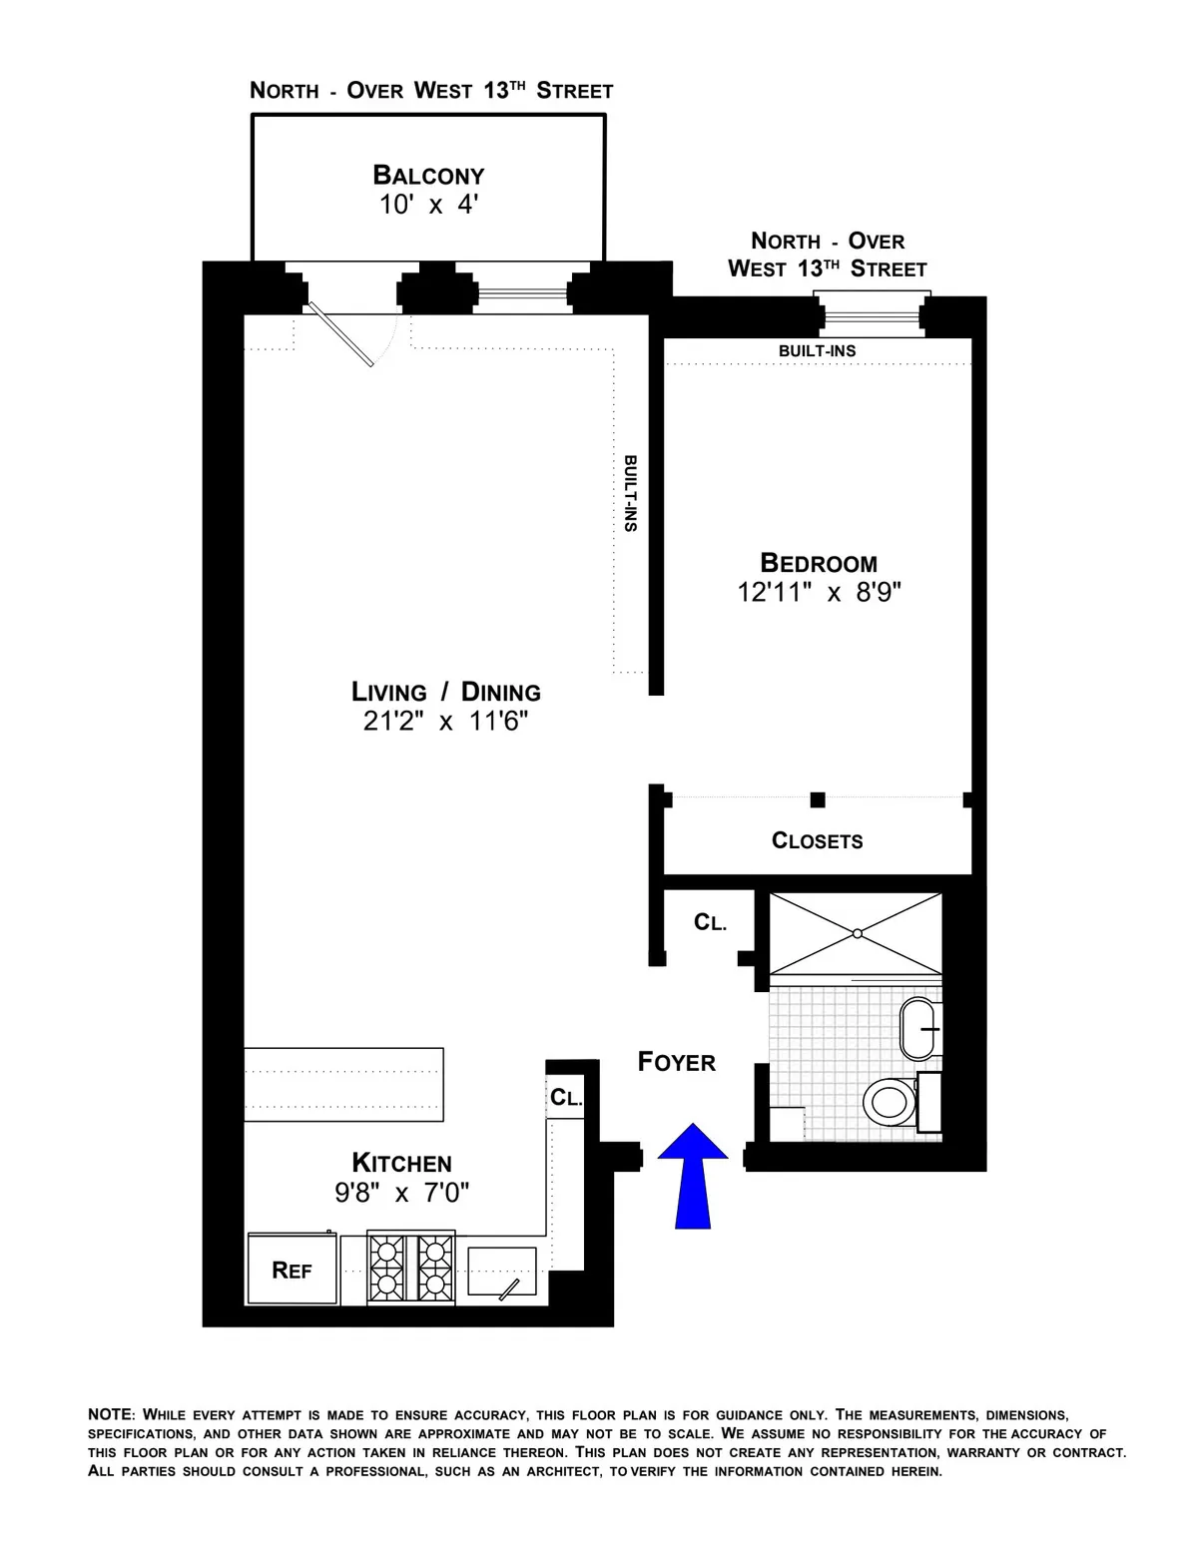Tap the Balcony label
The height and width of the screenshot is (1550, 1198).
tap(428, 176)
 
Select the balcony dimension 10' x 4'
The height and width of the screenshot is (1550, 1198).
tap(428, 206)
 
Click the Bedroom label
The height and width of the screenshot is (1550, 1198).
tap(819, 563)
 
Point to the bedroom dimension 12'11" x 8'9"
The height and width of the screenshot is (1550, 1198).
tap(819, 593)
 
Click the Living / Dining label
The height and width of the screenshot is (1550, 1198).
tap(445, 692)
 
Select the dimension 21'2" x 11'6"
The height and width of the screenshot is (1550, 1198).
tap(445, 722)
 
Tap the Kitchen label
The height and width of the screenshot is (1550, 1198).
tap(401, 1163)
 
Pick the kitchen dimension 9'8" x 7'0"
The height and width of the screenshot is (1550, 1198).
tap(401, 1193)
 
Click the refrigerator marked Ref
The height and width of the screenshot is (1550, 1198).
tap(293, 1270)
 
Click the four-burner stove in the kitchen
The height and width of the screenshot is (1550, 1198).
tap(411, 1267)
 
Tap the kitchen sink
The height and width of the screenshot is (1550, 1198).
tap(503, 1272)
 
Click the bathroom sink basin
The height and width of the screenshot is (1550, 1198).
tap(919, 1028)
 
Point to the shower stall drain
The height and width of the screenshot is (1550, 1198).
tap(856, 933)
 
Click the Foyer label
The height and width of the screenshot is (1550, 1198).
tap(677, 1063)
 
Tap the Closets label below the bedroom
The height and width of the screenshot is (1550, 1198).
tap(817, 840)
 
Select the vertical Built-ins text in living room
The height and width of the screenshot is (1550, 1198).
tap(630, 494)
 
